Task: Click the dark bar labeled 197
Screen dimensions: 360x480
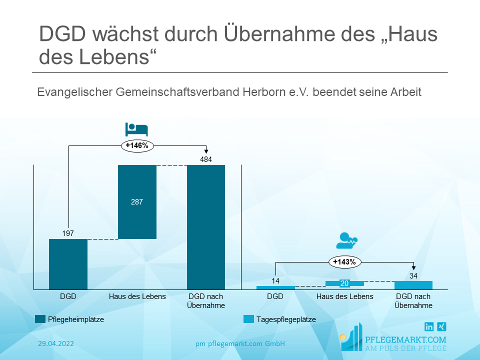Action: [x=68, y=264]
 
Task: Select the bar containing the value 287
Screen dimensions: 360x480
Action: [x=137, y=202]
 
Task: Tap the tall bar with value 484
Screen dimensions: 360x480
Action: [x=206, y=227]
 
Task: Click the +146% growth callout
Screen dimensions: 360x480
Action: [x=137, y=145]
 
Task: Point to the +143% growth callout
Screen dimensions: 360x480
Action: [x=345, y=261]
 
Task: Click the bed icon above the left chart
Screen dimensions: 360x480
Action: [x=136, y=129]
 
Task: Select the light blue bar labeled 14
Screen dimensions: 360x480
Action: [x=275, y=287]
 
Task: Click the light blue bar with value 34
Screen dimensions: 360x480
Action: [x=413, y=285]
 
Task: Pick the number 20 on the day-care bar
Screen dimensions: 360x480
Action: [x=344, y=283]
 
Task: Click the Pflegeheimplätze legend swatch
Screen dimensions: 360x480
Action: [x=40, y=319]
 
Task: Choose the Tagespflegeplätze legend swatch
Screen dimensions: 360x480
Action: [x=248, y=319]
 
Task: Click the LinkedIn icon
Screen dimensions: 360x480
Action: [x=429, y=327]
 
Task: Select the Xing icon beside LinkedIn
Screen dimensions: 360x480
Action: [x=441, y=327]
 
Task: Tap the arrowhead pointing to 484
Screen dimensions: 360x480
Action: [x=206, y=153]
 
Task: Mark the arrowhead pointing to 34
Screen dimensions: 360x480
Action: [x=413, y=269]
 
